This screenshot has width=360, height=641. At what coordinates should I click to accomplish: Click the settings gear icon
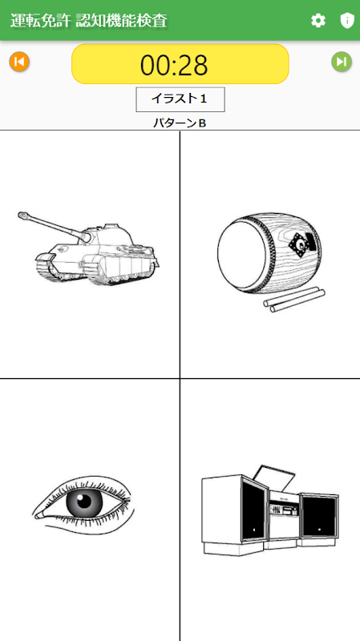[318, 21]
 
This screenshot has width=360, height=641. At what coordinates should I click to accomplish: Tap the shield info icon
[347, 21]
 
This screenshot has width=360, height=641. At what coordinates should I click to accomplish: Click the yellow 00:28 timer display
[180, 64]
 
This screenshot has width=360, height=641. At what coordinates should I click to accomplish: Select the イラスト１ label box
[180, 99]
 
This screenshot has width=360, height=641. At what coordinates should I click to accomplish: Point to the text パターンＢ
[180, 123]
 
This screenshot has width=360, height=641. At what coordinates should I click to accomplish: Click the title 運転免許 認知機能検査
[89, 21]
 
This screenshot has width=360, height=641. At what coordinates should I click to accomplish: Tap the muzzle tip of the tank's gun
[22, 215]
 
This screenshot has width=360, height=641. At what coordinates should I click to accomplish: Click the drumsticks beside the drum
[294, 300]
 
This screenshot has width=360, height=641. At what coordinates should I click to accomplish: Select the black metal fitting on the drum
[302, 244]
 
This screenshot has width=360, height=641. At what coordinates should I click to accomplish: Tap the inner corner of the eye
[37, 515]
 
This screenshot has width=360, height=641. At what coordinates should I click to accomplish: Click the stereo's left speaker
[253, 507]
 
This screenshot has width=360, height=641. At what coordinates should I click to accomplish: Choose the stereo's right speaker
[319, 515]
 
